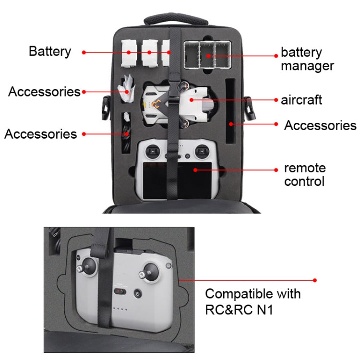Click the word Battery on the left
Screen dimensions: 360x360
point(49,51)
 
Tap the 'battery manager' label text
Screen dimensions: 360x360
point(307,59)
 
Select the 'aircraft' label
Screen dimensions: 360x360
point(301,100)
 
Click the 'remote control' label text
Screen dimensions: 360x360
point(305,175)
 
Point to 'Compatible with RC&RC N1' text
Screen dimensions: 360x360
point(253,301)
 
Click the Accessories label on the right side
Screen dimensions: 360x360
point(320,126)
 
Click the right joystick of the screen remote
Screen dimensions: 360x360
point(202,153)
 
